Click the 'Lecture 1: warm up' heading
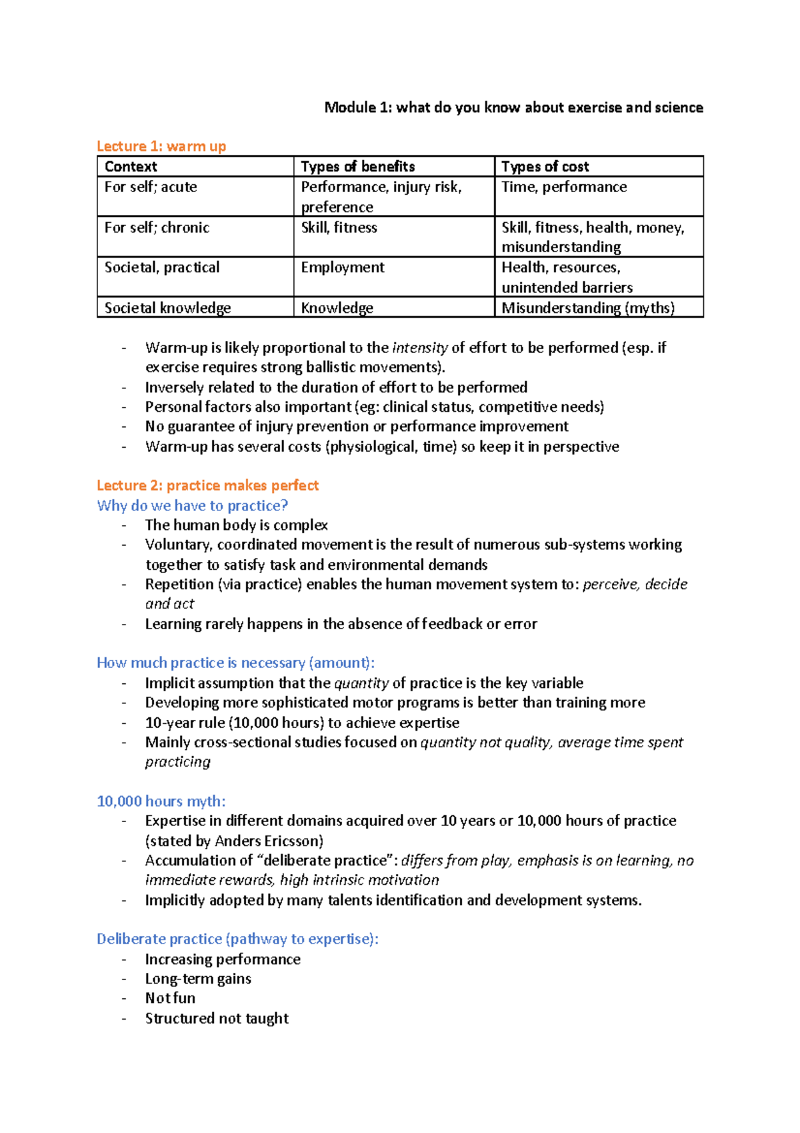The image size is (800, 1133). coord(161,146)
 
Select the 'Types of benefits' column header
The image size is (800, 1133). coord(357,167)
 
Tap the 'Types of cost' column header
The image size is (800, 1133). coord(545,167)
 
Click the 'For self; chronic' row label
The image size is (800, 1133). coord(157,228)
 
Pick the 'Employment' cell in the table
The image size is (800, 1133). coord(342,268)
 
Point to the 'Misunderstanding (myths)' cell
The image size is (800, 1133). coord(587,308)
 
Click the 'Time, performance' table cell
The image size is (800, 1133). coord(563,187)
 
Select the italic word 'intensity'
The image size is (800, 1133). coord(419,348)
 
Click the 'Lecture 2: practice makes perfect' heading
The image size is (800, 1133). coord(207,485)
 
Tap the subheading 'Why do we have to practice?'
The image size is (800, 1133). coord(192,505)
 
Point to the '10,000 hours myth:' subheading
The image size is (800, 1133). coord(161,801)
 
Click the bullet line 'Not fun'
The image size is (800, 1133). coord(170,998)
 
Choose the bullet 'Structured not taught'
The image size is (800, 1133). coord(217,1018)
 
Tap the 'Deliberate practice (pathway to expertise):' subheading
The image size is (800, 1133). coord(237,939)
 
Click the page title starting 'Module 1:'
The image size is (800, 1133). coord(513,107)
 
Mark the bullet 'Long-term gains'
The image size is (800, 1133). coord(198,979)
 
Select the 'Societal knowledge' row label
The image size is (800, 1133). coord(167,308)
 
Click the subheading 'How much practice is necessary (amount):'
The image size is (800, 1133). coord(235,663)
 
